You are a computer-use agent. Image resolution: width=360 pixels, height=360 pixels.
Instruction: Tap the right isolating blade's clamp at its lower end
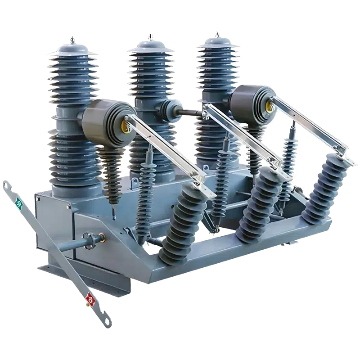pyautogui.click(x=346, y=153)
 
